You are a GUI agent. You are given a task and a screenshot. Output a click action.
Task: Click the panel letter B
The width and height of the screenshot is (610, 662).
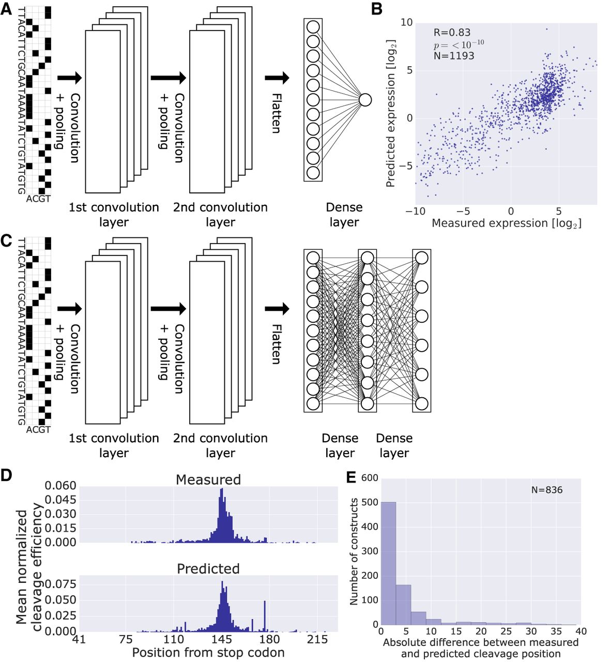click(377, 9)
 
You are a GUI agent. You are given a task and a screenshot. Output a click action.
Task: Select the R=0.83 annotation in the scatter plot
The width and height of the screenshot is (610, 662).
click(452, 33)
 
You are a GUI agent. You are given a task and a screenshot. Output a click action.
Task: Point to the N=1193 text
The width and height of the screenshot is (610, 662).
click(453, 56)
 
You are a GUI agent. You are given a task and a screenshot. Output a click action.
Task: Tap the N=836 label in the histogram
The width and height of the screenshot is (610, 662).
click(547, 490)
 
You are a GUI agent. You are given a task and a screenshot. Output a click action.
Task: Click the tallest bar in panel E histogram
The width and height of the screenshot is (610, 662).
click(388, 564)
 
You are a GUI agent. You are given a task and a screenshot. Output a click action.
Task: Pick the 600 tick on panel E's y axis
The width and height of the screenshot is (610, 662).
click(370, 478)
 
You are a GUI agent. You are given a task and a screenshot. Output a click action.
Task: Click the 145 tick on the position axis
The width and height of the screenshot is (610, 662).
click(223, 640)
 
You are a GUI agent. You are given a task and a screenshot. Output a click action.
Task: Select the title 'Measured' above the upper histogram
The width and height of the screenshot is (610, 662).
click(208, 480)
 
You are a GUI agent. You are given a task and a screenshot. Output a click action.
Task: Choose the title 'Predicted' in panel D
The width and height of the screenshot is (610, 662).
click(208, 569)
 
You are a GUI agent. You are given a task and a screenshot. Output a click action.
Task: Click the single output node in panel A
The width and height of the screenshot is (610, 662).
click(365, 100)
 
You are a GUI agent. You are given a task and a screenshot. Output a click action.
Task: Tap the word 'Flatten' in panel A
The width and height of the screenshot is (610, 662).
click(277, 114)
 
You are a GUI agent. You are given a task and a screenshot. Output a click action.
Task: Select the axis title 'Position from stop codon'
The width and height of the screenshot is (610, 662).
click(208, 653)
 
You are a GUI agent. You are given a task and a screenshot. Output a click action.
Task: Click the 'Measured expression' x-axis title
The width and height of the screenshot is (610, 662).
click(506, 223)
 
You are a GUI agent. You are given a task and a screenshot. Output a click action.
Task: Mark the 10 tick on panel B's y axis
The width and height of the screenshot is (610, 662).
click(407, 23)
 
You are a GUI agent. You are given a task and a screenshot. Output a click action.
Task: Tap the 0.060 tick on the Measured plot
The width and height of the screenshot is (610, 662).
click(60, 486)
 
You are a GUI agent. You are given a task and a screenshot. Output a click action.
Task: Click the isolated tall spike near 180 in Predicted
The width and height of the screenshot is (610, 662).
click(265, 616)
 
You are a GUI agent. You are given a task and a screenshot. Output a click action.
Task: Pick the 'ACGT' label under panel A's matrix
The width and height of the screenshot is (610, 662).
click(38, 199)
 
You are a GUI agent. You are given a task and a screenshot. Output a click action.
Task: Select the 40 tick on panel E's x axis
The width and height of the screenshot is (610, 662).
click(581, 631)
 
